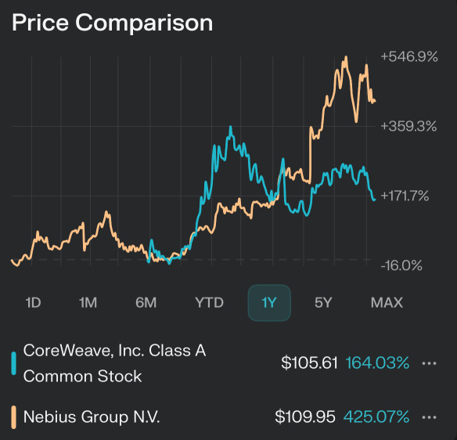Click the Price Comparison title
tap(112, 23)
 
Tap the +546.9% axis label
tap(408, 56)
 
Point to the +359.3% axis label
tap(408, 125)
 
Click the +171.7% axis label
tap(405, 195)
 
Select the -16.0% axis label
tap(401, 265)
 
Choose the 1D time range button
tap(33, 302)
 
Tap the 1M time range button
tap(88, 302)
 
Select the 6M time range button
tap(146, 302)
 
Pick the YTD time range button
tap(209, 302)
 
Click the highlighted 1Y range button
tap(269, 302)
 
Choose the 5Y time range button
tap(324, 302)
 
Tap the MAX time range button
tap(387, 302)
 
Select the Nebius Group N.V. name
tap(92, 417)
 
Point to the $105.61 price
tap(309, 363)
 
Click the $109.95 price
tap(306, 417)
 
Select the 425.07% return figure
tap(376, 417)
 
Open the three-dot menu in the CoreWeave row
tap(428, 363)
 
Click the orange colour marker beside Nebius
tap(13, 417)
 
